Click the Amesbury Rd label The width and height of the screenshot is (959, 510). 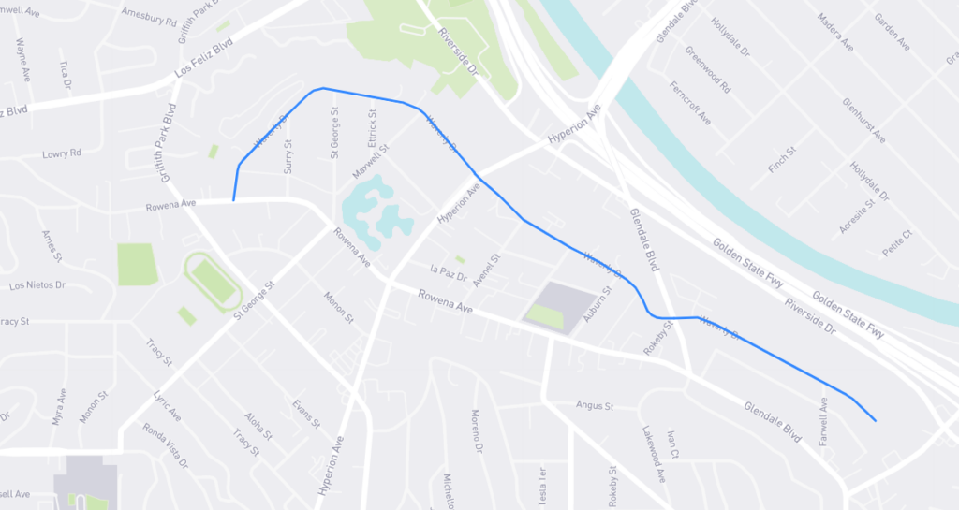(149, 16)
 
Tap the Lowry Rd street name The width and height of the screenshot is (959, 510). (62, 153)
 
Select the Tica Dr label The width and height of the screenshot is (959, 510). (66, 76)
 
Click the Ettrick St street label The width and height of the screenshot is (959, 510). (372, 126)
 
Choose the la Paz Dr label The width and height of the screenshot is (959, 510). (448, 270)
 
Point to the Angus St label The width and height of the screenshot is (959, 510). (594, 406)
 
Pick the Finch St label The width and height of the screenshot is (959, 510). (781, 158)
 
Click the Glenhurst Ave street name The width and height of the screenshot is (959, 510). (863, 120)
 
